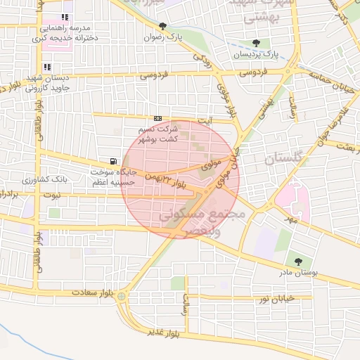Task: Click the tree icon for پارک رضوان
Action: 162,26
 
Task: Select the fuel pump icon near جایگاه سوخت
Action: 112,161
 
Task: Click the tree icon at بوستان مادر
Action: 298,262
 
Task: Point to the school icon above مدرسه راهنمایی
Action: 65,17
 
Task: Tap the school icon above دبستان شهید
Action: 47,67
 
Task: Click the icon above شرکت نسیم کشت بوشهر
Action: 157,119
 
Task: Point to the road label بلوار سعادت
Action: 91,290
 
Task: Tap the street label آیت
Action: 205,121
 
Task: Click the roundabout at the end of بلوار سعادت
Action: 122,296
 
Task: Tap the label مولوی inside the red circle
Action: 211,166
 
